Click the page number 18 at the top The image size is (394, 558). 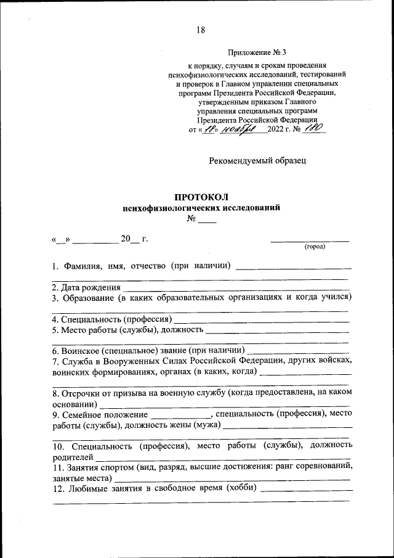point(201,30)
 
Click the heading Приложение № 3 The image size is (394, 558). point(257,53)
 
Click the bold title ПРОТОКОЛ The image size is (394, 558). point(201,197)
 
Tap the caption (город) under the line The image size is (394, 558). point(315,247)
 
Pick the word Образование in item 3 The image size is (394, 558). point(88,298)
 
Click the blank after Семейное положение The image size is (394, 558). point(180,414)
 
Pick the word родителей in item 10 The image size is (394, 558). point(73,457)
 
